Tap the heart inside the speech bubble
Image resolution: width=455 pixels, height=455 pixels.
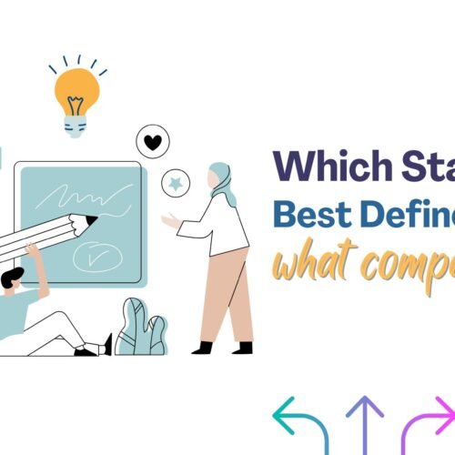[x=152, y=141]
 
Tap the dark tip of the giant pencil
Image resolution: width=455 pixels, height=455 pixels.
[x=92, y=220]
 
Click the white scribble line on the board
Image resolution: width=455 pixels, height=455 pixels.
[x=82, y=194]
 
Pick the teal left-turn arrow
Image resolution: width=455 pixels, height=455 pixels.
[x=299, y=420]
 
